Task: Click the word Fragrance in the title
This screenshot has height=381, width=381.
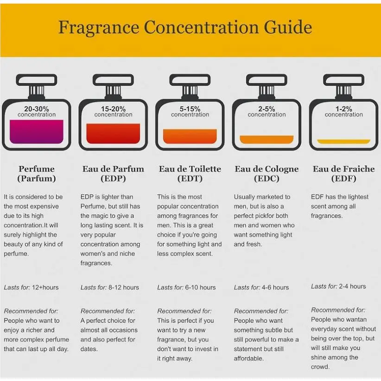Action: [99, 27]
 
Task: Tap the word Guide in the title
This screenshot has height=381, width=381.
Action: [288, 27]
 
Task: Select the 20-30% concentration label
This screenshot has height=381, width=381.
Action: [37, 111]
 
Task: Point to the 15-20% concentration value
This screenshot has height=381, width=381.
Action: [113, 108]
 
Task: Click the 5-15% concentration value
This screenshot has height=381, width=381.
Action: [190, 108]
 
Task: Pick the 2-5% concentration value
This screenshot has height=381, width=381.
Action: [267, 108]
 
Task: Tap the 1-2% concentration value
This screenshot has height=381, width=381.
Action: [343, 108]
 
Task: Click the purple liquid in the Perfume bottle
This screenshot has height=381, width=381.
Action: [37, 132]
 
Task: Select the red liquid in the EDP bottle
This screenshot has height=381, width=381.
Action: [113, 133]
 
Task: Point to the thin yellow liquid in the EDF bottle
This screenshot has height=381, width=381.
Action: [343, 141]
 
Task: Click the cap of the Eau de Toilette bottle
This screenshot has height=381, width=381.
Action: [190, 80]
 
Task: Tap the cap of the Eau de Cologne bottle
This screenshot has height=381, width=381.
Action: [267, 80]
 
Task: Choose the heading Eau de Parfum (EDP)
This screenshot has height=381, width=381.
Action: [113, 173]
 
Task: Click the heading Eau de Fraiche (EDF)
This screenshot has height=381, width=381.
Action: [343, 173]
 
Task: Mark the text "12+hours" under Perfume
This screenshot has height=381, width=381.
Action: [45, 287]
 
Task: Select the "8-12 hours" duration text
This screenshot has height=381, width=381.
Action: [124, 287]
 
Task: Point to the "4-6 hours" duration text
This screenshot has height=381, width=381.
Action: [275, 287]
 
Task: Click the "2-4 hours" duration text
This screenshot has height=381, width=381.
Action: [352, 286]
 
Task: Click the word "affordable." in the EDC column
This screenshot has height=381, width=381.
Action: [248, 358]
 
